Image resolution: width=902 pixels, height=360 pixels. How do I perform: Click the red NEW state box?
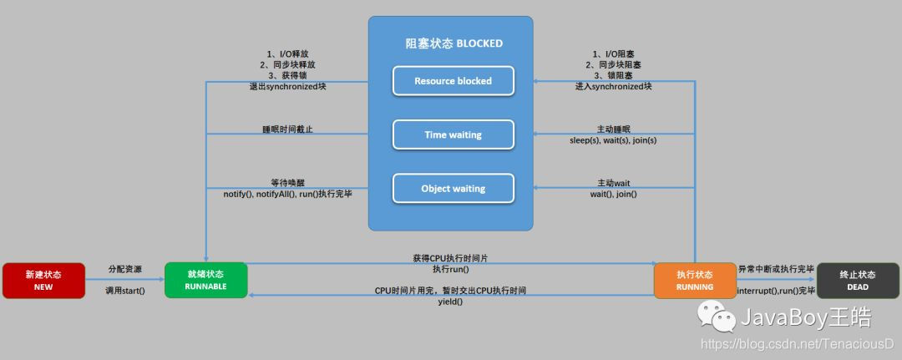point(43,280)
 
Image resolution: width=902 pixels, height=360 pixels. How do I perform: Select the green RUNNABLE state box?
point(206,280)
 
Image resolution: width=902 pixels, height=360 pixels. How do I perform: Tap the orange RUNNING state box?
point(694,280)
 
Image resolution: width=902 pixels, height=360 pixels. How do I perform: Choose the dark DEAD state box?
point(858,280)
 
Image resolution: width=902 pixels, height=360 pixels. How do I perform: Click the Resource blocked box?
point(453,81)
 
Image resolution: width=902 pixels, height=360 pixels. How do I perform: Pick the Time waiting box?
point(453,134)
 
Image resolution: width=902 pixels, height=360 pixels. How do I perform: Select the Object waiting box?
point(453,188)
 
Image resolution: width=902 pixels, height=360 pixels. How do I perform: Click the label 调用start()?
point(125,290)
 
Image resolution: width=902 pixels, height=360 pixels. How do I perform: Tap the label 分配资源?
point(124,269)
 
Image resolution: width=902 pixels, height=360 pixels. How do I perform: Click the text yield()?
point(450,302)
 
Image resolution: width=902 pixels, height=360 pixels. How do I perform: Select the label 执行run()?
point(450,269)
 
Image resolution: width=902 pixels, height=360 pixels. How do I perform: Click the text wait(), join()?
point(613,194)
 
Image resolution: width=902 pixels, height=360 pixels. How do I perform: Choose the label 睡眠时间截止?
point(287,129)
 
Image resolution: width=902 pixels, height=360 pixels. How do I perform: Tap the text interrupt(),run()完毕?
point(776,290)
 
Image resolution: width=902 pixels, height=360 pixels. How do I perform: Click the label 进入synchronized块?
point(613,86)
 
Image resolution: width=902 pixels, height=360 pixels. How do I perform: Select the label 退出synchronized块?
point(287,86)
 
